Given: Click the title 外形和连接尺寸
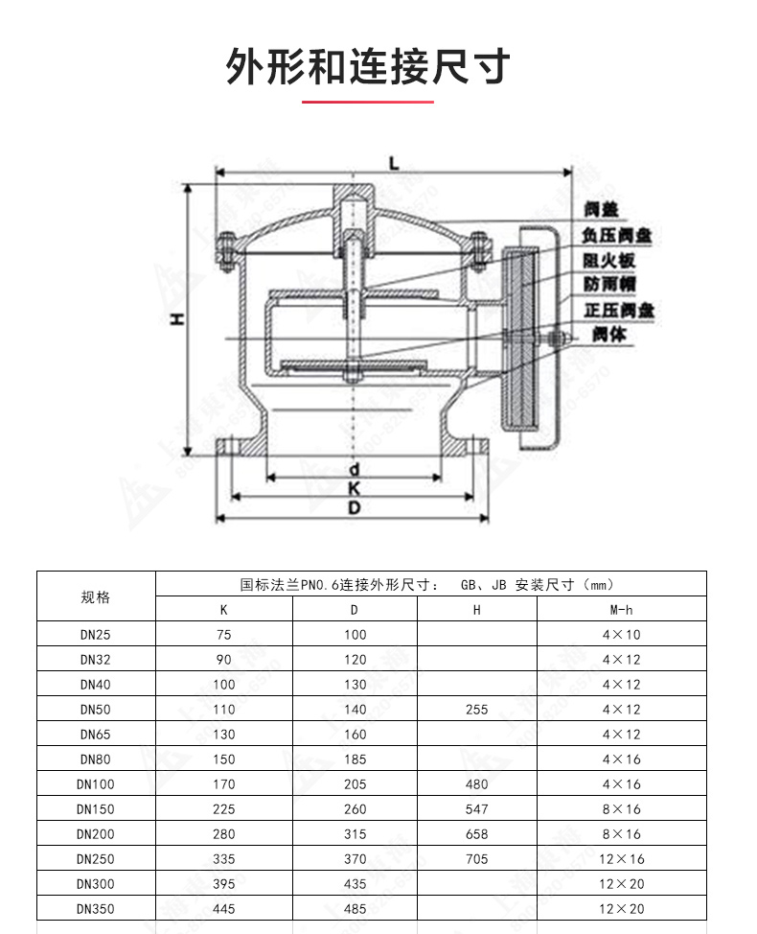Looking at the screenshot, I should pyautogui.click(x=368, y=67).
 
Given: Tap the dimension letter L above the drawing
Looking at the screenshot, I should pyautogui.click(x=394, y=163).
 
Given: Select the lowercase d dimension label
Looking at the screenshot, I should pyautogui.click(x=354, y=469).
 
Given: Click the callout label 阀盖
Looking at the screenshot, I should pyautogui.click(x=603, y=208).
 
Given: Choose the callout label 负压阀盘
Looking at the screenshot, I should pyautogui.click(x=618, y=234).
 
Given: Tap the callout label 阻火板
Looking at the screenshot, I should pyautogui.click(x=609, y=260).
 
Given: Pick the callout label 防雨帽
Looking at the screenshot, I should pyautogui.click(x=609, y=285).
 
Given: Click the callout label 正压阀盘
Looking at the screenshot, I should pyautogui.click(x=618, y=310).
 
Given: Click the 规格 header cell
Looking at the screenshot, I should pyautogui.click(x=96, y=596).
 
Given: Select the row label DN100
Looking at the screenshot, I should pyautogui.click(x=96, y=784).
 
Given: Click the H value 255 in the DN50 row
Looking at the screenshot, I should pyautogui.click(x=476, y=710).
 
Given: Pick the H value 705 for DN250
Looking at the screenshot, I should pyautogui.click(x=476, y=859).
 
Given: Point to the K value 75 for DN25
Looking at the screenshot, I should pyautogui.click(x=224, y=635).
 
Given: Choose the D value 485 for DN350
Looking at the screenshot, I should pyautogui.click(x=355, y=909).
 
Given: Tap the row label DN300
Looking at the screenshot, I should pyautogui.click(x=96, y=884).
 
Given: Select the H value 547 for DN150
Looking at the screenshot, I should pyautogui.click(x=476, y=809).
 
